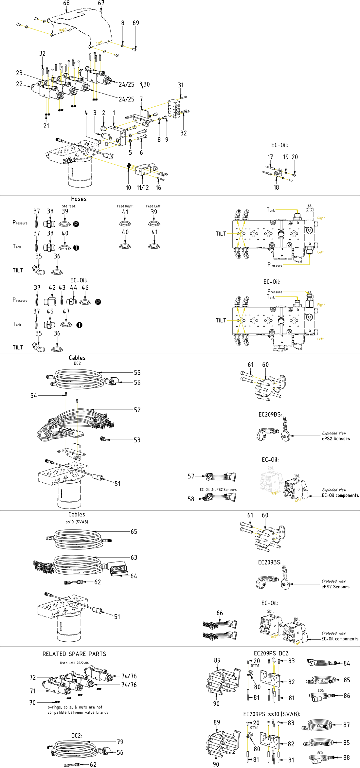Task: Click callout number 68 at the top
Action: (66, 3)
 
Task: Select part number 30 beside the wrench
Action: (147, 84)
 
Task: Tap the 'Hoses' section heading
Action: (79, 199)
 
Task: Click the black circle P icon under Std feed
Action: (76, 224)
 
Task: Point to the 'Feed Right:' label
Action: (125, 206)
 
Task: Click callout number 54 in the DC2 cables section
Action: (34, 396)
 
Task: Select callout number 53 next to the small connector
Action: (137, 440)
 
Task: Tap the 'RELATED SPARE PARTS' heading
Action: (74, 654)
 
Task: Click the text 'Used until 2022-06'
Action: (74, 663)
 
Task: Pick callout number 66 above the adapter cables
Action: (220, 613)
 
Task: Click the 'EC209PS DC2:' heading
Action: (272, 653)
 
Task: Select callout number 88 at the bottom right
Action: (347, 758)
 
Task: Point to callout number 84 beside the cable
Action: (347, 663)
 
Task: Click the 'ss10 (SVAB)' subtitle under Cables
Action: (77, 522)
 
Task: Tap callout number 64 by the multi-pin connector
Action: (134, 576)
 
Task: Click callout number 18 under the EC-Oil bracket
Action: (276, 188)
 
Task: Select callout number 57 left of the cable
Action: (191, 476)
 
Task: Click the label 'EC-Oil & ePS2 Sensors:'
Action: (219, 490)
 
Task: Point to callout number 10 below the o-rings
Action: (128, 188)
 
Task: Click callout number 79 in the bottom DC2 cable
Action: (120, 742)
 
